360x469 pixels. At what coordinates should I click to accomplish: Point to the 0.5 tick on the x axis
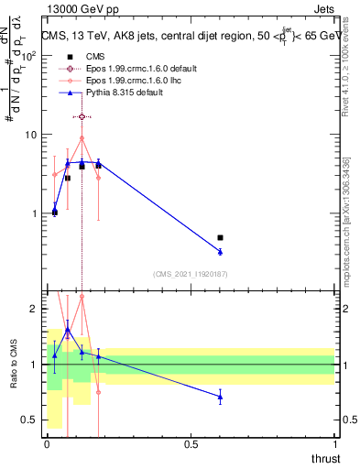click(191, 444)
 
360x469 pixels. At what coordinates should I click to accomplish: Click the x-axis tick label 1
click(334, 444)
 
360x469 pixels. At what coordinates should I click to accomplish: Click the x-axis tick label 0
click(48, 444)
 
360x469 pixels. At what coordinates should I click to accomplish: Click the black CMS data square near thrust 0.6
click(220, 238)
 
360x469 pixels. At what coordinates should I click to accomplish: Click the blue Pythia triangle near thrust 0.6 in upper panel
click(220, 251)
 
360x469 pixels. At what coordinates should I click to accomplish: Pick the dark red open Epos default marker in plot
click(82, 116)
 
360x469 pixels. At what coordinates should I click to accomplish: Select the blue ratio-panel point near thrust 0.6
click(220, 397)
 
